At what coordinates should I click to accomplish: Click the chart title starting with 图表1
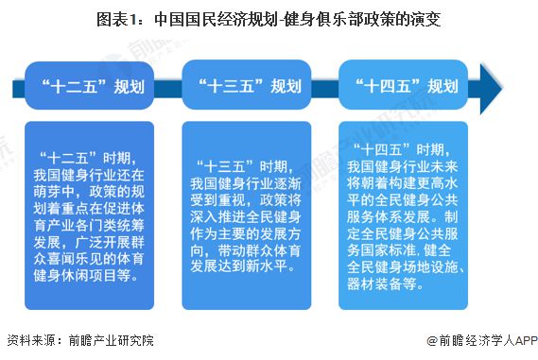click(x=269, y=18)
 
